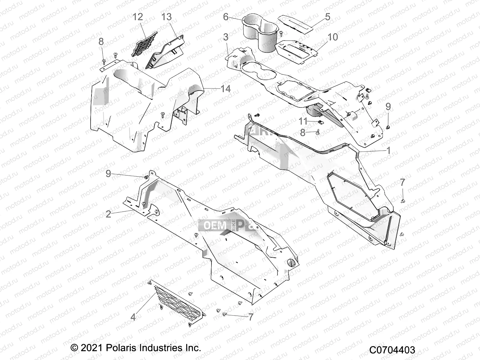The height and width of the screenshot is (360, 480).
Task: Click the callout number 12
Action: point(138,17)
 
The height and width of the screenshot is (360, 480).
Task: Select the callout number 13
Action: point(166,17)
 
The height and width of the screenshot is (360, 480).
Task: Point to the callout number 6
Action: point(226,17)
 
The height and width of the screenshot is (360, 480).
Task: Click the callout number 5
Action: point(328,17)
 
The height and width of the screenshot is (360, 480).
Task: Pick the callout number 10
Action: point(332,37)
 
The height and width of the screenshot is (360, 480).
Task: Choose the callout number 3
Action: point(226,37)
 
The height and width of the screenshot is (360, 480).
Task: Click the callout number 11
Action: point(303,121)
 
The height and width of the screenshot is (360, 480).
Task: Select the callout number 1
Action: point(388,150)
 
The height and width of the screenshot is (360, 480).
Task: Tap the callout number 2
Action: point(109,214)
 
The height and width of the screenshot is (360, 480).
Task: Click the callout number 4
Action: point(133,317)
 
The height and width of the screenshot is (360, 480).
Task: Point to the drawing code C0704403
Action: point(392,350)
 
